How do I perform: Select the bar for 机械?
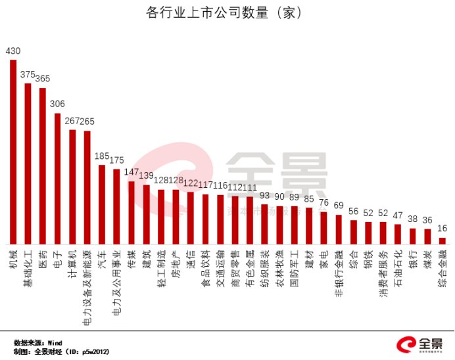point(13,151)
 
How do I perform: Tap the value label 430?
point(13,51)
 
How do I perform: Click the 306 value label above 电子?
point(57,104)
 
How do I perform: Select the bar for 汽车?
point(102,204)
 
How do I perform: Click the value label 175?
point(116,160)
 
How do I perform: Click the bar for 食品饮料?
point(205,219)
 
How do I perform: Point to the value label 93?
point(264,194)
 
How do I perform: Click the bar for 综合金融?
point(442,240)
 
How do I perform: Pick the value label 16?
point(442,228)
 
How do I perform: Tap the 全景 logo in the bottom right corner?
point(418,344)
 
